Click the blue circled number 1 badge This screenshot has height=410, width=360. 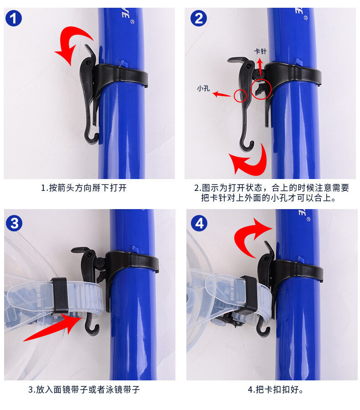13,18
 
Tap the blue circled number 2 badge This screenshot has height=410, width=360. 199,18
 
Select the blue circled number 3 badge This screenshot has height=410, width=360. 14,223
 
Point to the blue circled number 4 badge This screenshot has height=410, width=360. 199,223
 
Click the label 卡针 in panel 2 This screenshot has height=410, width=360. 260,51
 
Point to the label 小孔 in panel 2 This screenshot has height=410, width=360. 203,88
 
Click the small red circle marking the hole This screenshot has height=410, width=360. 240,96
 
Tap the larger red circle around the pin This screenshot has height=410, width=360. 261,89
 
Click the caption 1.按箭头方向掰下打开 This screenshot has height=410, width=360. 84,188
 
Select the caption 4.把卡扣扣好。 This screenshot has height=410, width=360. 276,389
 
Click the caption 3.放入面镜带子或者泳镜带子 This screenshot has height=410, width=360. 84,389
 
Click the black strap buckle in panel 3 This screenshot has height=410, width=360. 60,296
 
